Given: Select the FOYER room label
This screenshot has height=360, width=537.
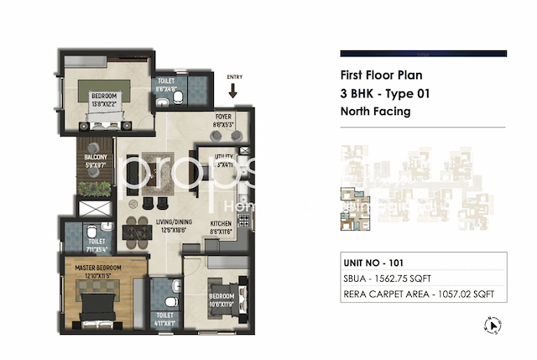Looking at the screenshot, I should tap(223, 117).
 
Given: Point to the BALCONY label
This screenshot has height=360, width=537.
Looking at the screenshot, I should tap(93, 157).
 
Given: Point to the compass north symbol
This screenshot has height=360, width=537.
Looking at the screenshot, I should tap(493, 326).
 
